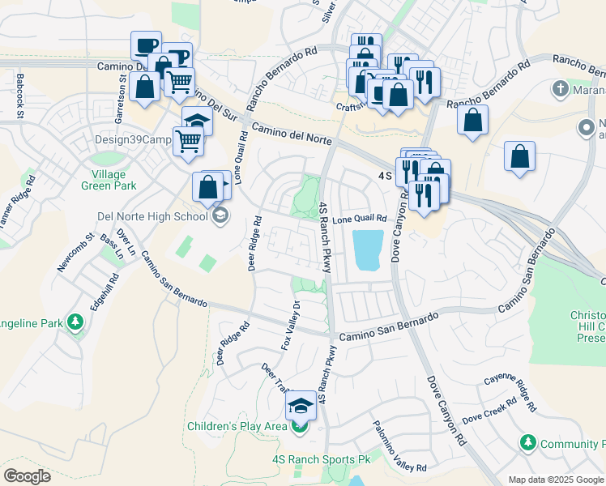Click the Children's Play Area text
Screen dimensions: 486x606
click(x=237, y=426)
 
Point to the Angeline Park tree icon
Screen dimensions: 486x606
click(x=75, y=323)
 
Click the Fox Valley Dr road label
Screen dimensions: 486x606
click(x=290, y=326)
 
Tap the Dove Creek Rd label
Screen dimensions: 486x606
click(x=489, y=411)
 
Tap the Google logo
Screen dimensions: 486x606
click(x=28, y=476)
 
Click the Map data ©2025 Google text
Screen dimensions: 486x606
click(x=555, y=480)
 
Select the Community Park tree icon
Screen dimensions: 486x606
click(x=527, y=442)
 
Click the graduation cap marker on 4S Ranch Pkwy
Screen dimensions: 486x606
click(x=301, y=403)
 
